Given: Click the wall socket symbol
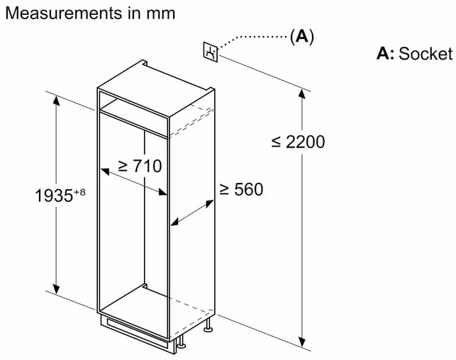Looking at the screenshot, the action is click(210, 52).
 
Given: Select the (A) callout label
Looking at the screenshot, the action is click(302, 37).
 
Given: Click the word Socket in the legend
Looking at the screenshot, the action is click(426, 54).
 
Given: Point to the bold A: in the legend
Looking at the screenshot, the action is click(385, 54).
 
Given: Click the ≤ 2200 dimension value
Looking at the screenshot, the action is click(298, 142).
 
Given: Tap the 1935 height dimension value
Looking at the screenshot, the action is click(54, 196).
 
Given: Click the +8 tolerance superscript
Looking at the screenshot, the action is click(79, 192).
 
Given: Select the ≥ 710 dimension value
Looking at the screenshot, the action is click(140, 166).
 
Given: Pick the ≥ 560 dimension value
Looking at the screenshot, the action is click(241, 189).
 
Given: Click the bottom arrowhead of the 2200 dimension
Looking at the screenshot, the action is click(302, 342).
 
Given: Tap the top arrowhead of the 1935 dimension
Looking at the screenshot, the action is click(56, 101).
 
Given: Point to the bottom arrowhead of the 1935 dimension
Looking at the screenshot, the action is click(56, 288).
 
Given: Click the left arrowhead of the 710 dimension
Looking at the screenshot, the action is click(105, 171).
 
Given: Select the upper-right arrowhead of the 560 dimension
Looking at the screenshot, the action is click(209, 203).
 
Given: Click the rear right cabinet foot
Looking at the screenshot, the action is click(208, 325).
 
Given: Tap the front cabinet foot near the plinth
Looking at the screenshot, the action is click(181, 342).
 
